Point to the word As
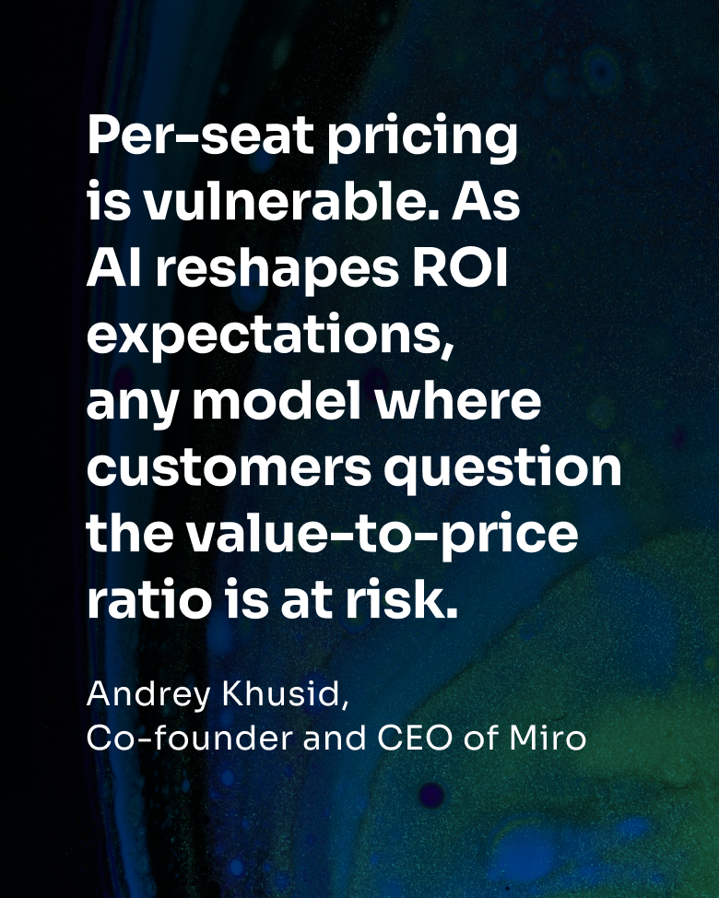486,204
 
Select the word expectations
270,337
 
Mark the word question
502,469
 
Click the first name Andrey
148,695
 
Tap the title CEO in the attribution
415,738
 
